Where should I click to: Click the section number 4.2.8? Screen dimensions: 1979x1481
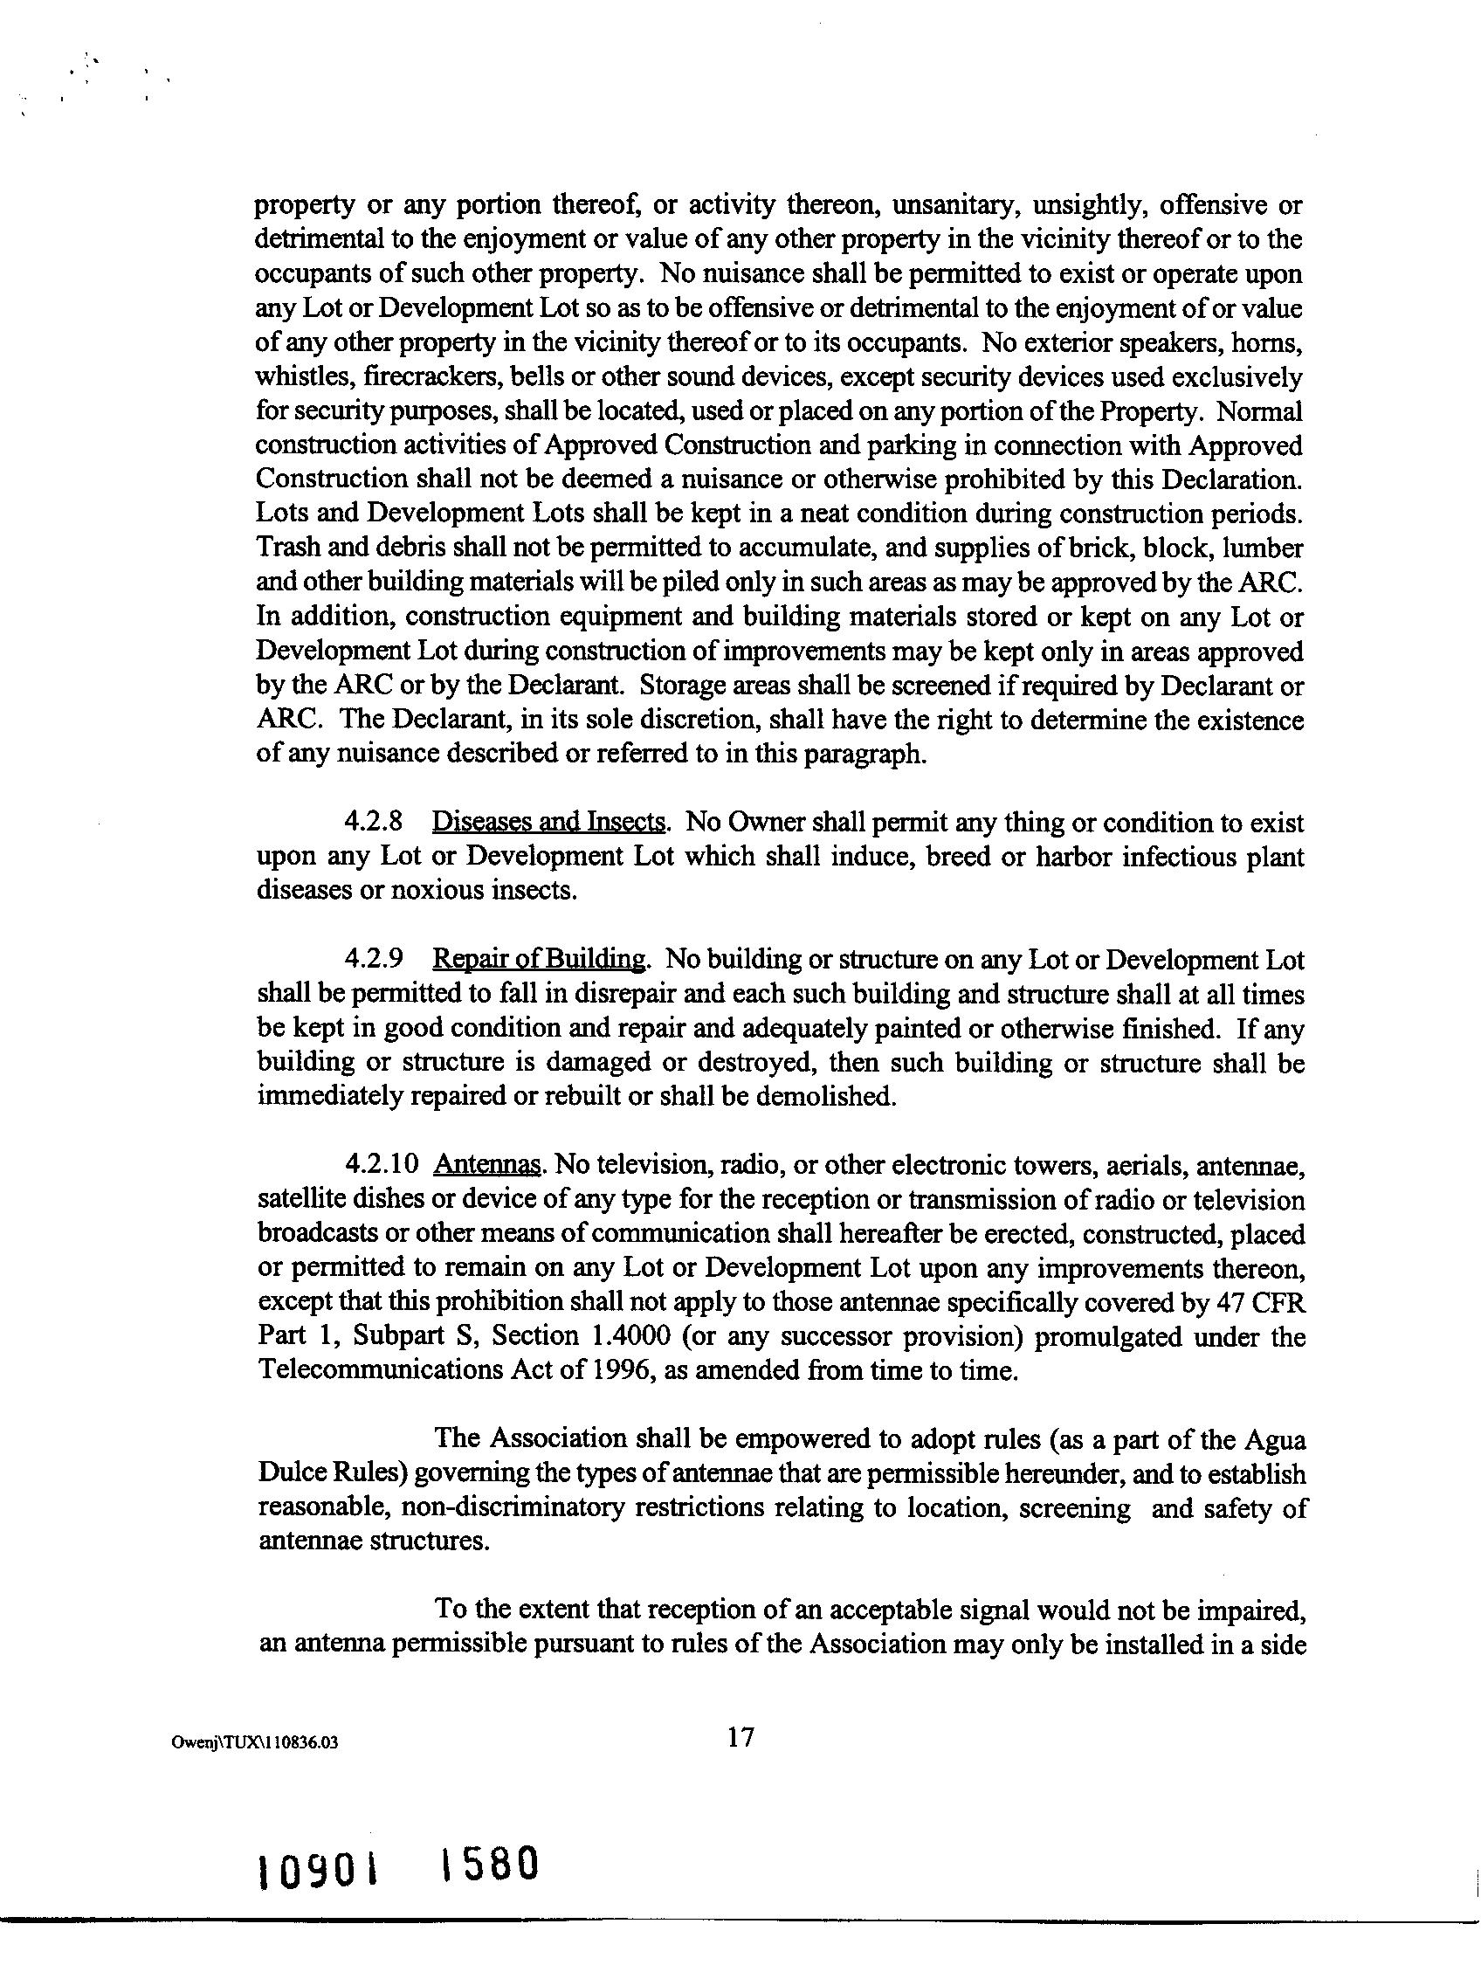pos(373,822)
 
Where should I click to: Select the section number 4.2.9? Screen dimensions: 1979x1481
pos(373,960)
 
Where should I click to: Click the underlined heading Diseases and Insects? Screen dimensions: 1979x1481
pos(549,822)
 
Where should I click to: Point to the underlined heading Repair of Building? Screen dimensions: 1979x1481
pos(540,960)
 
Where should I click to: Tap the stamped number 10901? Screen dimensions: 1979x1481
pos(317,1872)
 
